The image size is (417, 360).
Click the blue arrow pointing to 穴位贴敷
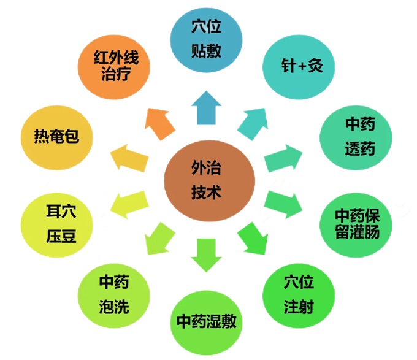pyautogui.click(x=204, y=107)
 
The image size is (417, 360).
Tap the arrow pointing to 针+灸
pyautogui.click(x=252, y=121)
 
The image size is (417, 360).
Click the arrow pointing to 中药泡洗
pyautogui.click(x=158, y=239)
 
